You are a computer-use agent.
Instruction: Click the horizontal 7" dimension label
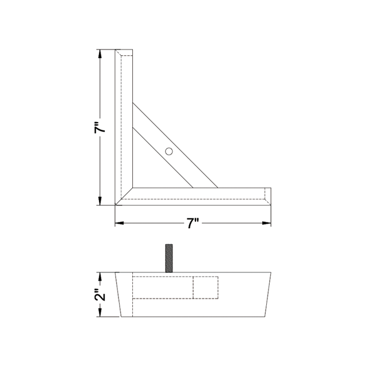(193, 224)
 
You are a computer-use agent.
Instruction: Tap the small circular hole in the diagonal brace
(168, 151)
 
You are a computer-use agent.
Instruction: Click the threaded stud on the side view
(169, 259)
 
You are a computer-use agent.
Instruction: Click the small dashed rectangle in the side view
(206, 287)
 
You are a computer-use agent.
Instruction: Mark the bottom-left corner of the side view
(122, 317)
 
